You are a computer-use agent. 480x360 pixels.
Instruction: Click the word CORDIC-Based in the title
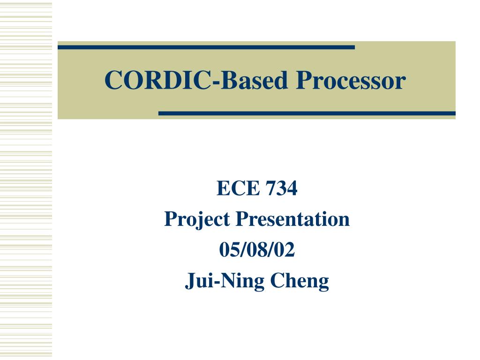(196, 80)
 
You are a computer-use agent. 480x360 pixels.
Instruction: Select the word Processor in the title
(351, 80)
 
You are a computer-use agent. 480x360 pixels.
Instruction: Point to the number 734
(282, 188)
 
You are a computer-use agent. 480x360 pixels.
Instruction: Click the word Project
(197, 220)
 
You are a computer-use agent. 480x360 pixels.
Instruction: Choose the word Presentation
(292, 219)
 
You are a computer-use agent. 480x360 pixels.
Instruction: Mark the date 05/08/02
(257, 249)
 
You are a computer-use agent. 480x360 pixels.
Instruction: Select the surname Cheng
(300, 281)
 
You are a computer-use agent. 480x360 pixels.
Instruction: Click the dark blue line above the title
(206, 47)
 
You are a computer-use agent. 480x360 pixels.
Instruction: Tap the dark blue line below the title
(307, 113)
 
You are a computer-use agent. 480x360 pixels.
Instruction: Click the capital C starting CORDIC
(113, 80)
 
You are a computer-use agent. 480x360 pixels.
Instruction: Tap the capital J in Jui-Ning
(191, 281)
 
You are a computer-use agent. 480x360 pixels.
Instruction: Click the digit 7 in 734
(271, 188)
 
